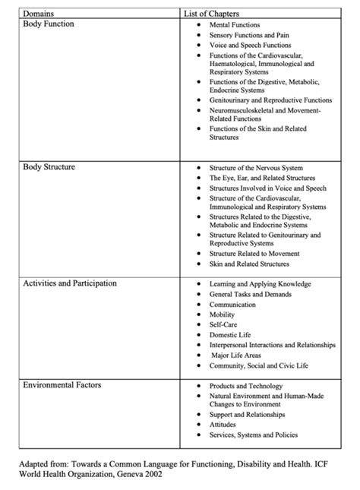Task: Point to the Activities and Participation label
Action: pos(69,283)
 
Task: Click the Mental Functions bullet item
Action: pos(235,25)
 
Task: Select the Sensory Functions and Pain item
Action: pos(249,35)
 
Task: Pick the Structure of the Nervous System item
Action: pos(256,167)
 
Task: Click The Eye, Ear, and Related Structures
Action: pos(262,177)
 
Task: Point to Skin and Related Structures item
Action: pos(249,264)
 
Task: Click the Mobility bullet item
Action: pos(222,314)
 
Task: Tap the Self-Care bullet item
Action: pos(223,324)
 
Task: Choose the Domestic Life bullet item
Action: pos(229,334)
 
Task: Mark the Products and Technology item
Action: pos(245,386)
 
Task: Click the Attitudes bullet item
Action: pos(223,425)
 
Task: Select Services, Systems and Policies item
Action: pos(254,435)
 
